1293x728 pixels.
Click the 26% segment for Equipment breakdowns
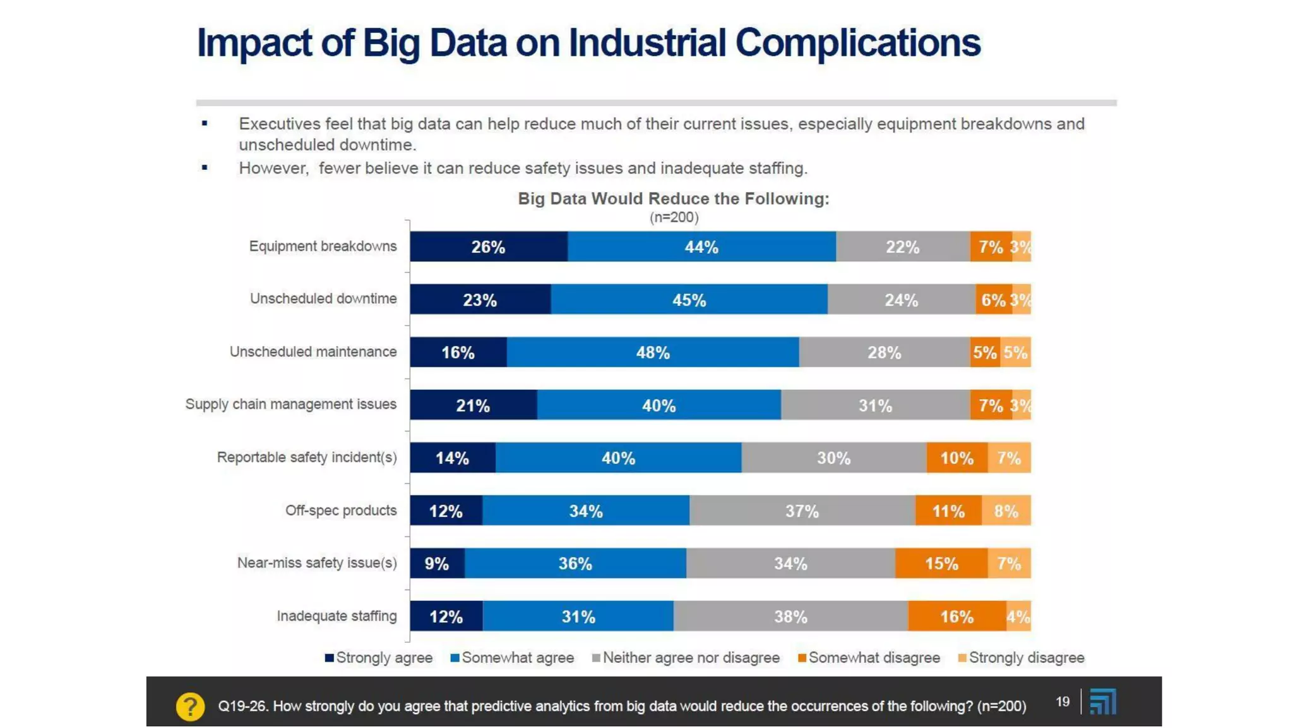click(x=488, y=246)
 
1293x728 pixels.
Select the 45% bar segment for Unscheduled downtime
click(x=689, y=300)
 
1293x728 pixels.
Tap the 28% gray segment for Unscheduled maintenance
click(x=884, y=352)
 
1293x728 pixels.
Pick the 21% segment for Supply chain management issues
click(x=473, y=405)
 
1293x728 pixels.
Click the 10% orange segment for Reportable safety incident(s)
click(x=956, y=458)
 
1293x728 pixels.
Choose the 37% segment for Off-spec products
click(x=802, y=511)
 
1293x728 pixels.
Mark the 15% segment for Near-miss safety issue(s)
click(x=941, y=563)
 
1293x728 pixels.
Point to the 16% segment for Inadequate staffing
click(x=956, y=616)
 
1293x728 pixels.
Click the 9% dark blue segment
click(x=437, y=563)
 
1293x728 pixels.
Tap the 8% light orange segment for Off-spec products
click(x=1006, y=511)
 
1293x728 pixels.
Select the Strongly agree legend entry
click(x=379, y=658)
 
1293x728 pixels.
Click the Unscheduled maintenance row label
click(x=313, y=352)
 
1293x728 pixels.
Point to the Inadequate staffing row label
click(x=337, y=616)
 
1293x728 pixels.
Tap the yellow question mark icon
click(x=190, y=707)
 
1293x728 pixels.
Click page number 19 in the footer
click(x=1063, y=701)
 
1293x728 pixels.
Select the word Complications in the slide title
click(x=857, y=43)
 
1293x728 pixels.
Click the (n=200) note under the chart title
click(x=674, y=217)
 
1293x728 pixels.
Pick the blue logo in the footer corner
click(x=1103, y=701)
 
